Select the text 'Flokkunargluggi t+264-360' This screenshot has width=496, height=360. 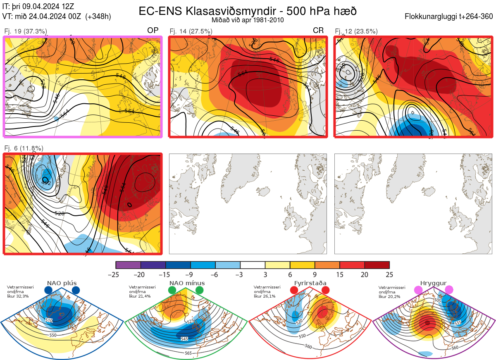click(450, 17)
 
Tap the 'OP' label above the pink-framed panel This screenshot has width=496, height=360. click(153, 31)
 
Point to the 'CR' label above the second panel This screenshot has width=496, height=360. click(318, 31)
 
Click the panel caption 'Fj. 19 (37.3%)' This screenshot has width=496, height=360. click(25, 31)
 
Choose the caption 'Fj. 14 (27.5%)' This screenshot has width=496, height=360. click(191, 31)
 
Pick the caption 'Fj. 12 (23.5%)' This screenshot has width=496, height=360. click(356, 31)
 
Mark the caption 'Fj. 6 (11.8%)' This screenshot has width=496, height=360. click(24, 148)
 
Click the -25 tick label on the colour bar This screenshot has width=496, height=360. click(116, 274)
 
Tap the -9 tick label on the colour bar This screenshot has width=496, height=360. click(191, 274)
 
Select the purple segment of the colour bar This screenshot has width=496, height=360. click(128, 265)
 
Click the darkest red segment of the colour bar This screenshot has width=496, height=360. click(377, 265)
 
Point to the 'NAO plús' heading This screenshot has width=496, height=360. click(62, 283)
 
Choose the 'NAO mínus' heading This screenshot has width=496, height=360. click(187, 283)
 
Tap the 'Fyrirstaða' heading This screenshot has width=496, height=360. click(310, 283)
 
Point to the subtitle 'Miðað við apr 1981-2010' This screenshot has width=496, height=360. click(248, 19)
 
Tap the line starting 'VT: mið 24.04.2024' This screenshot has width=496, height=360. click(57, 17)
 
